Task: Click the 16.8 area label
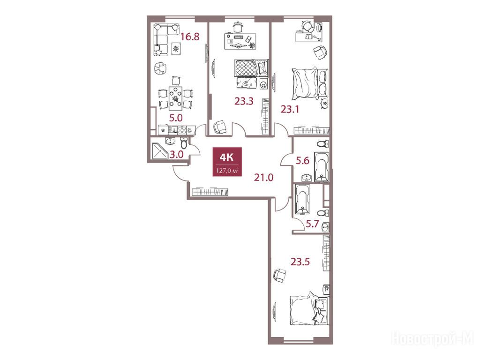coord(190,37)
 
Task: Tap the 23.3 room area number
coord(244,101)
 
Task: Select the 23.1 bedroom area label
coord(290,109)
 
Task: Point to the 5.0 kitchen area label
coord(176,118)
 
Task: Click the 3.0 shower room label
coord(177,154)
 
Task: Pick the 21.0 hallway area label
coord(263,177)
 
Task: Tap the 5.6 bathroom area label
coord(302,160)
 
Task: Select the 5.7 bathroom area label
coord(313,224)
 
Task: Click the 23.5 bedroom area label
coord(300,262)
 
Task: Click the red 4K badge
coord(227,162)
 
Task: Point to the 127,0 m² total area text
coord(227,171)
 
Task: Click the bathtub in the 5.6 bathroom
coord(322,167)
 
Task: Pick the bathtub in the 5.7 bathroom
coord(302,199)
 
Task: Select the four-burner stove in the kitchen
coord(182,130)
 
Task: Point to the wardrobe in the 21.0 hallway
coord(210,192)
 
